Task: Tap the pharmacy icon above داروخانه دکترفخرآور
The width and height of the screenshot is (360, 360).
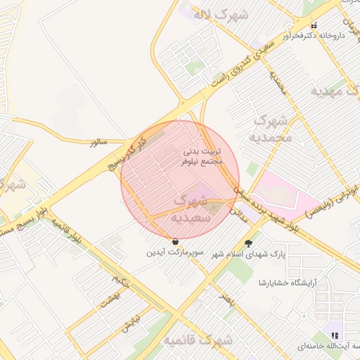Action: click(314, 25)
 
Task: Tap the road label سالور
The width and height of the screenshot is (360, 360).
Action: click(98, 143)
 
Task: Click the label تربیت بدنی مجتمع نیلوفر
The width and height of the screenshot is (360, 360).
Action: click(202, 155)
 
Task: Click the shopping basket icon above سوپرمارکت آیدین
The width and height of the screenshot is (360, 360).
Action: click(175, 241)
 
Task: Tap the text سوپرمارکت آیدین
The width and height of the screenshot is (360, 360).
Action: click(174, 252)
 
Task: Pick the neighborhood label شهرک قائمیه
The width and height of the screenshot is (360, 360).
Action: click(190, 341)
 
